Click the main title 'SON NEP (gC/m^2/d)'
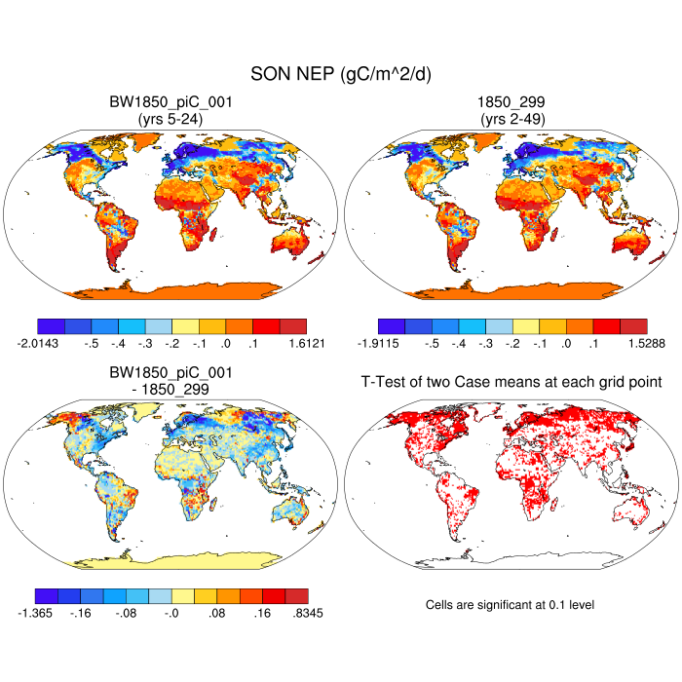341,75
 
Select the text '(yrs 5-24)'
171,119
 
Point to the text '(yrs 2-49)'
511,119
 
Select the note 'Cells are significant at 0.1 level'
510,605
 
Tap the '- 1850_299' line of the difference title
171,389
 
